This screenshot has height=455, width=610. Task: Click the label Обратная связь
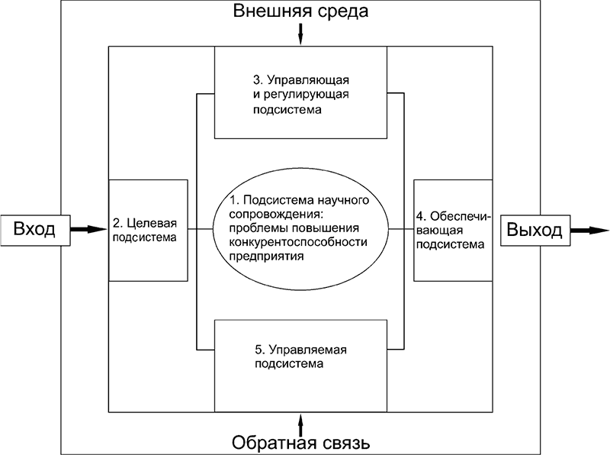click(301, 442)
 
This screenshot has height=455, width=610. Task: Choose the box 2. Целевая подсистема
click(149, 230)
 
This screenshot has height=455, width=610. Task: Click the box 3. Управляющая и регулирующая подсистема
click(301, 93)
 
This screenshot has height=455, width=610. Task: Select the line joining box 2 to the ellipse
click(200, 229)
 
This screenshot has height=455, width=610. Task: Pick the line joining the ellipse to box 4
click(400, 229)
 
